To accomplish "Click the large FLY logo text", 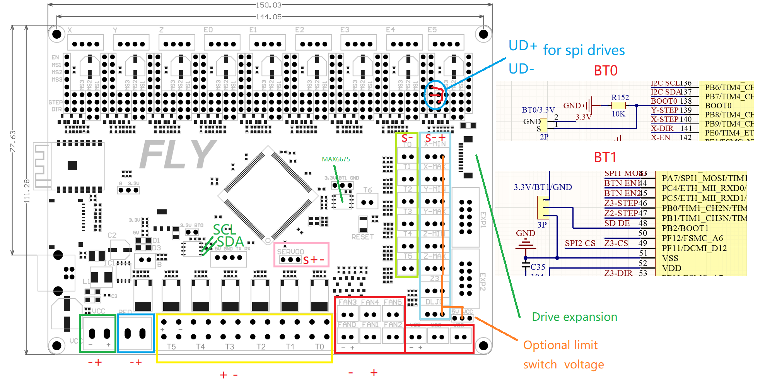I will (178, 154).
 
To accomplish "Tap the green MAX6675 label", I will (336, 159).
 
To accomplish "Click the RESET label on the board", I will (362, 237).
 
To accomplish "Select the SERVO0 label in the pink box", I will (290, 252).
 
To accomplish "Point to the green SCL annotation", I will (224, 229).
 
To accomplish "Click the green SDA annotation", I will (230, 241).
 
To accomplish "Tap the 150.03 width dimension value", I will (269, 5).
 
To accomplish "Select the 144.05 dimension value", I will (269, 17).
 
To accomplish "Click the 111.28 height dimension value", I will (27, 191).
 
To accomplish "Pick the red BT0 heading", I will (606, 71).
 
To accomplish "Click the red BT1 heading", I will (605, 158).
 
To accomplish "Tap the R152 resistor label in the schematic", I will (620, 98).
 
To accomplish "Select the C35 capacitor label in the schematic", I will (538, 267).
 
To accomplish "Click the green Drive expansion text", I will (574, 317).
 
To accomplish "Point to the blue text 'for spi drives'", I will (584, 50).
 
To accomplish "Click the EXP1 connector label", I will (483, 219).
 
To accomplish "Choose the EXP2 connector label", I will (483, 281).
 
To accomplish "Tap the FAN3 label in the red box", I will (347, 302).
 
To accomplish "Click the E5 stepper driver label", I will (432, 30).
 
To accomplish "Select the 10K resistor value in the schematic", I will (618, 114).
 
